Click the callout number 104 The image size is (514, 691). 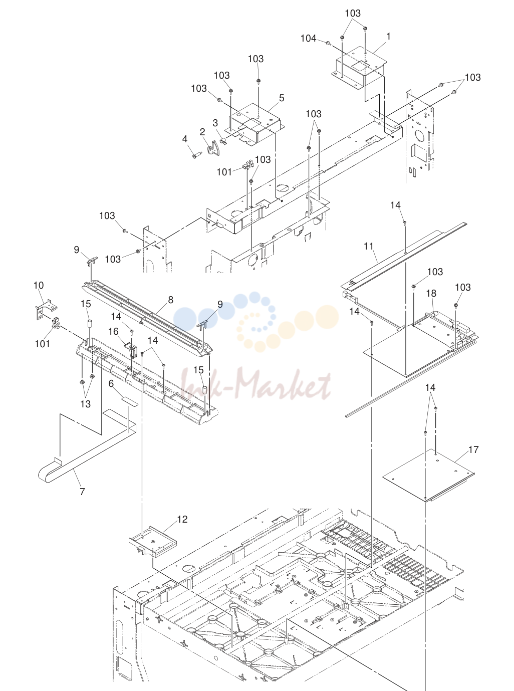(x=308, y=38)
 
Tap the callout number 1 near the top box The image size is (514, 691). (x=388, y=37)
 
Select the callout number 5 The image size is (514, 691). (x=282, y=98)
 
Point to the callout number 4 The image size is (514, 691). (x=185, y=139)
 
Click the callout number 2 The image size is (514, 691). (x=202, y=132)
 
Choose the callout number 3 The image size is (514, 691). (x=215, y=123)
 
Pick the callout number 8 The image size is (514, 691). (x=170, y=300)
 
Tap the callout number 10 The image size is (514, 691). (x=39, y=285)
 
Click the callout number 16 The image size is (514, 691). (x=113, y=331)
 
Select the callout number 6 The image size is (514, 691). (x=111, y=383)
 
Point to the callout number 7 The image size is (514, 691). (x=82, y=492)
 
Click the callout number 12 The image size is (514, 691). (x=182, y=519)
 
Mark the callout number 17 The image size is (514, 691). (x=473, y=449)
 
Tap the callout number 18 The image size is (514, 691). (x=431, y=293)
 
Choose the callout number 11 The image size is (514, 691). (x=369, y=246)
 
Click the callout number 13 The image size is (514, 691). (x=85, y=404)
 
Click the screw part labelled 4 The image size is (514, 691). (x=196, y=155)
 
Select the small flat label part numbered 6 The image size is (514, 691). (x=128, y=401)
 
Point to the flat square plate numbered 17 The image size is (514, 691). (x=429, y=476)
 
